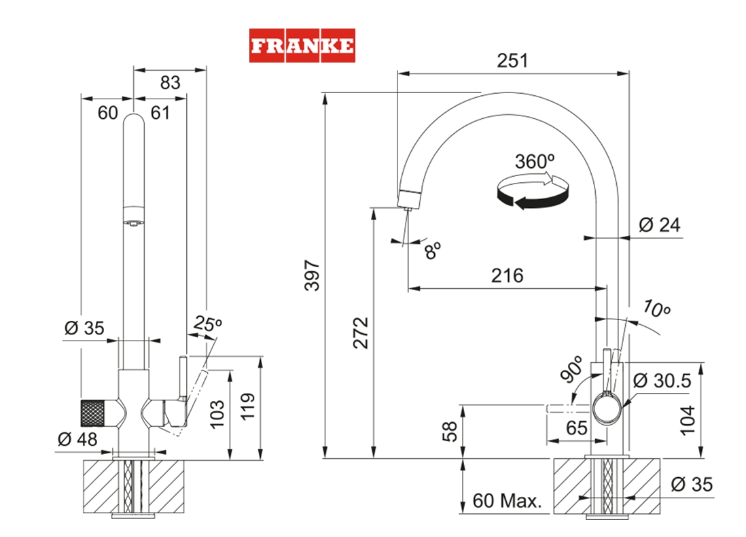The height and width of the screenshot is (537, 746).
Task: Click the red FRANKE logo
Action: (302, 46)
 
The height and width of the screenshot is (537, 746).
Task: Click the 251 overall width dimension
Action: (512, 60)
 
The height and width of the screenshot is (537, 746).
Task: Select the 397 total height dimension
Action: (311, 275)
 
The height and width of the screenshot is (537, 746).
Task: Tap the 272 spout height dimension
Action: (361, 332)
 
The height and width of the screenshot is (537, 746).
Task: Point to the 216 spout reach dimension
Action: (508, 275)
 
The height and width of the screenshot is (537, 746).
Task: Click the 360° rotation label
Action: (535, 162)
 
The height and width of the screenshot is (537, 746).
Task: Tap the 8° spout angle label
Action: (433, 250)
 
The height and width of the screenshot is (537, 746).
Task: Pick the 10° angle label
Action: (657, 309)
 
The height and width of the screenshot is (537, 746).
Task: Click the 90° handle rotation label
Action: (572, 369)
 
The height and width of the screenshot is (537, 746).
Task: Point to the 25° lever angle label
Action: (207, 324)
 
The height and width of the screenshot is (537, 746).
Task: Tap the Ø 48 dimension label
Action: (77, 439)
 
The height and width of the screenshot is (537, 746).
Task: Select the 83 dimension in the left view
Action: (169, 82)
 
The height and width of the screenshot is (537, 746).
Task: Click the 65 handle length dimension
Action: (576, 429)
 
